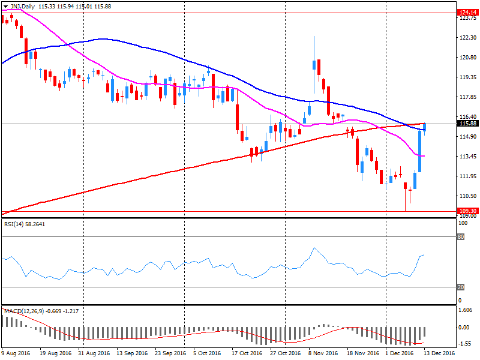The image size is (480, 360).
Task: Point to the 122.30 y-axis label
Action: click(x=466, y=37)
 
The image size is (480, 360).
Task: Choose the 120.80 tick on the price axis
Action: click(x=466, y=58)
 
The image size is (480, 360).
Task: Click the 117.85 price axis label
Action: click(x=466, y=97)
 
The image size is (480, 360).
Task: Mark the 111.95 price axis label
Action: click(x=466, y=176)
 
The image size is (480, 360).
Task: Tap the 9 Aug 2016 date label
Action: click(x=17, y=353)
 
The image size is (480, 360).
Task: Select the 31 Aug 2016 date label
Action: click(x=94, y=353)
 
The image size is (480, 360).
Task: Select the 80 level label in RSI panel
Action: click(x=461, y=236)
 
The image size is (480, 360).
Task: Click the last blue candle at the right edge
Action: click(x=425, y=127)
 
